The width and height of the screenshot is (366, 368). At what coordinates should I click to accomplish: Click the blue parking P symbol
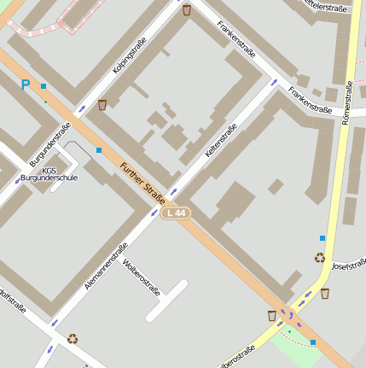click(25, 85)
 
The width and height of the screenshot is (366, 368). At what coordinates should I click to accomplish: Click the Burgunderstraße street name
click(49, 144)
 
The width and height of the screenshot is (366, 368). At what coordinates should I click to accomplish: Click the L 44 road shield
click(175, 213)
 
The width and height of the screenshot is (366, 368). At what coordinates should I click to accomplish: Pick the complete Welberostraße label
click(142, 277)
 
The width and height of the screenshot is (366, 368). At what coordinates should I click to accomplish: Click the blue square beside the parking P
click(44, 86)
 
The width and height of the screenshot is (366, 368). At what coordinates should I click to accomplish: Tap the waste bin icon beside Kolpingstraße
click(102, 105)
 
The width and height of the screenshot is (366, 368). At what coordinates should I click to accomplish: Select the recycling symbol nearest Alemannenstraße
click(73, 338)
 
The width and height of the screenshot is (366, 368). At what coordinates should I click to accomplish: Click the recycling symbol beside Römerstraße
click(320, 257)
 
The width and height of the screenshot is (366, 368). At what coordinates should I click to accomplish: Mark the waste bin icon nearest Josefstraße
click(325, 293)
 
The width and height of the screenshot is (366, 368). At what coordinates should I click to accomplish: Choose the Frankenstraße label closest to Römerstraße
click(311, 99)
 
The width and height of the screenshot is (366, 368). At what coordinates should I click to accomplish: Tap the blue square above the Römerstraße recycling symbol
click(322, 237)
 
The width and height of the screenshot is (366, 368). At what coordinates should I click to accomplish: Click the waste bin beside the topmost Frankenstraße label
click(187, 10)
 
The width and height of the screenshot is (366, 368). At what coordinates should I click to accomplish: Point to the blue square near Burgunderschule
click(99, 150)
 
